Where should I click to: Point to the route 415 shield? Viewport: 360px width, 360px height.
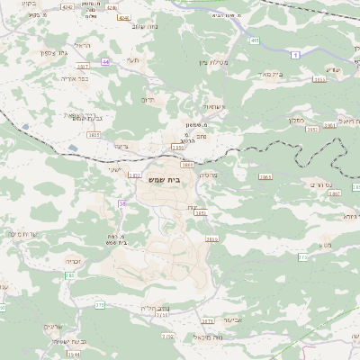point(255,40)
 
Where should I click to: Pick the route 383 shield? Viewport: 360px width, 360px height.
point(69,275)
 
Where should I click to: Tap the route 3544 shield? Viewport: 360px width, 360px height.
point(74,354)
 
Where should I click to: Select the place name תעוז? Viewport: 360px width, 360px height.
point(133,59)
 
